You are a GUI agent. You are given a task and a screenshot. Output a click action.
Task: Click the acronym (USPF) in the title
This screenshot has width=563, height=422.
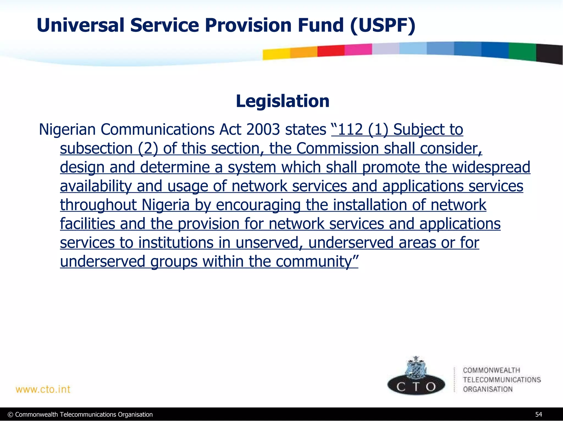tap(383, 25)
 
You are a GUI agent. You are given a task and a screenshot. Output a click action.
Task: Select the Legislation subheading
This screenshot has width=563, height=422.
tap(282, 101)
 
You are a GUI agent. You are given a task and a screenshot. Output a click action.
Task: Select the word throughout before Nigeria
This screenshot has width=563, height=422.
tap(98, 205)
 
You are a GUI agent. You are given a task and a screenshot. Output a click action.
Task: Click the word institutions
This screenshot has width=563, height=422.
tap(176, 243)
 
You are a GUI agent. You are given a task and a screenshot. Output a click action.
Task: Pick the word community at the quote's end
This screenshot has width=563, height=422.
tap(314, 261)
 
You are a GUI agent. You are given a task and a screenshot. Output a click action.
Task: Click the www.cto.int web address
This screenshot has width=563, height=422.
tap(43, 389)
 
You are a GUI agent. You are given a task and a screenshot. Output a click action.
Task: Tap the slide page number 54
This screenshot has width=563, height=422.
tap(539, 414)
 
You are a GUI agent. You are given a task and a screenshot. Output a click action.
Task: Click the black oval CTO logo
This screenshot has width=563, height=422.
tap(416, 386)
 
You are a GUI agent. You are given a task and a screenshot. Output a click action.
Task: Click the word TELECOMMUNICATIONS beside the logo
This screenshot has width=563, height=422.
tap(502, 380)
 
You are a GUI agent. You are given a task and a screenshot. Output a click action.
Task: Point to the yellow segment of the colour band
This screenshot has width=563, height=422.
tap(276, 54)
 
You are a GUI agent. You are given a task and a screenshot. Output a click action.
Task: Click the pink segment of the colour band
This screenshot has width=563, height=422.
tap(358, 49)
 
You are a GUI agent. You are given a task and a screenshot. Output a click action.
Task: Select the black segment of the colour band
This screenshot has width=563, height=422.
tap(549, 54)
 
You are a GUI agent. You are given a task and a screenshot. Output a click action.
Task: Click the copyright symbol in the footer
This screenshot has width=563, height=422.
tap(10, 415)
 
